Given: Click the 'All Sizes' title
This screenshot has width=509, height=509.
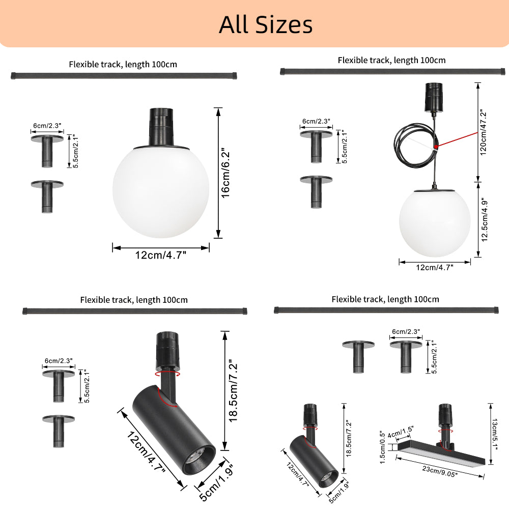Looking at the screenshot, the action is (x=266, y=24).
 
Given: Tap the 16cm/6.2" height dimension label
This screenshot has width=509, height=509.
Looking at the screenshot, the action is (x=225, y=174).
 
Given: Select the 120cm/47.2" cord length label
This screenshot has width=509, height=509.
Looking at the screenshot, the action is (x=484, y=132).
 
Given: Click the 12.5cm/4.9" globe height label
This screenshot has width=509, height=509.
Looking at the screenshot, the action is (x=485, y=219).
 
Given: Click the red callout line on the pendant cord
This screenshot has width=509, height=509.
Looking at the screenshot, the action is (x=456, y=139).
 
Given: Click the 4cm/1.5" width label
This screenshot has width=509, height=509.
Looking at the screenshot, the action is (x=400, y=432).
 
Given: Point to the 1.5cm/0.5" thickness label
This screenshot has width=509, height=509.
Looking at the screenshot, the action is (x=382, y=447).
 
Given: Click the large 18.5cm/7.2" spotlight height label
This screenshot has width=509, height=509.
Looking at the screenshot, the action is (x=234, y=391).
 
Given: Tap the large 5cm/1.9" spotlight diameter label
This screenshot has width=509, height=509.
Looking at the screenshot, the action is (x=216, y=484).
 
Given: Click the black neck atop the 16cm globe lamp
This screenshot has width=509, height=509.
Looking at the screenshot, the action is (x=161, y=127).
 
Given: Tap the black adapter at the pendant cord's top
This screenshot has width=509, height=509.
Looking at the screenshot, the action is (x=434, y=97).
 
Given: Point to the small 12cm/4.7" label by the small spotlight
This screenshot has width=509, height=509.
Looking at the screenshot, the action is (x=298, y=474).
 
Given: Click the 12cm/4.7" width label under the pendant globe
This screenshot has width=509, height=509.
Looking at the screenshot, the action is (x=435, y=268).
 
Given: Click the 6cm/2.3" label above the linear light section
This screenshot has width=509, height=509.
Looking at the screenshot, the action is (x=406, y=331).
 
